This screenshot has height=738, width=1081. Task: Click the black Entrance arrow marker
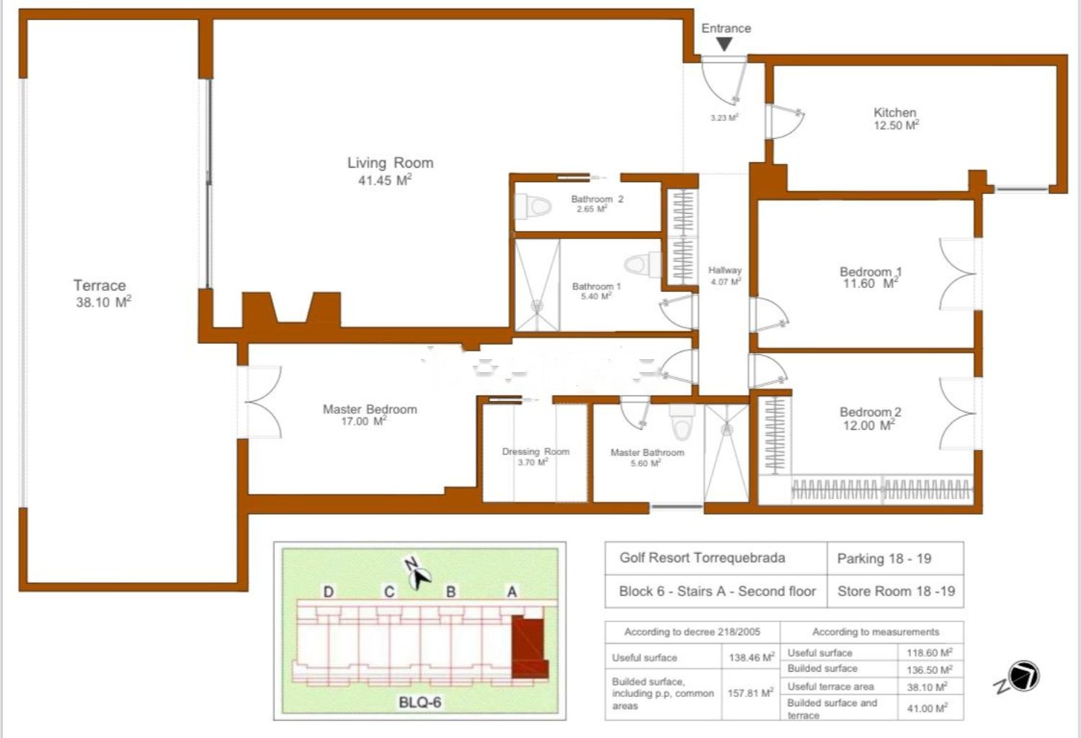[724, 45]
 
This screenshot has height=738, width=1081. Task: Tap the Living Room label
[391, 163]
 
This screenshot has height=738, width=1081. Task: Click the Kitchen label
[895, 112]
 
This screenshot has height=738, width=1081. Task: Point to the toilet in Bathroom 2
[533, 207]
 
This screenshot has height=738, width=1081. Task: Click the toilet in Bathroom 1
[643, 264]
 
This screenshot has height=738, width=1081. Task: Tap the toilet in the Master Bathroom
[682, 422]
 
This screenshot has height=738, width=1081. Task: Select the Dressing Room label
[535, 451]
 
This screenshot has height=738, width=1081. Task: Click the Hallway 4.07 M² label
[725, 276]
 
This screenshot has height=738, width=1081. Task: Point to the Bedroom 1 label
[871, 271]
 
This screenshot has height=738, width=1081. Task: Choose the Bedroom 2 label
[870, 412]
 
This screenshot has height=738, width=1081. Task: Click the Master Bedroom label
[370, 409]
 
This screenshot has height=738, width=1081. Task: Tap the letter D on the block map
[328, 592]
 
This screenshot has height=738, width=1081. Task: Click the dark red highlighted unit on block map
[529, 647]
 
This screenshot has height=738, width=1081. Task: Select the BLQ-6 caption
[419, 702]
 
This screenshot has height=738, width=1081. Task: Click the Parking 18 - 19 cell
[895, 559]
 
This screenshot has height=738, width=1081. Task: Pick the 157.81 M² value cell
[751, 693]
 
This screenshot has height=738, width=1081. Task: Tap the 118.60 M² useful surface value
[930, 652]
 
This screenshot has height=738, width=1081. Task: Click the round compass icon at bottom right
[1024, 676]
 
